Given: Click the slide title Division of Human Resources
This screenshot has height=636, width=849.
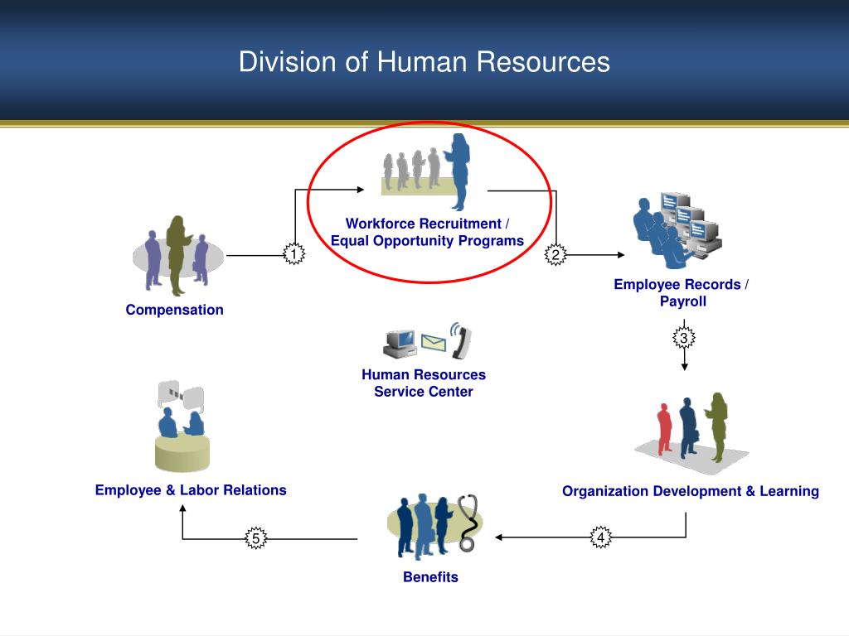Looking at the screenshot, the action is (x=424, y=62).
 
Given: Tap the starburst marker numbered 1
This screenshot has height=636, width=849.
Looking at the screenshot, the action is (x=293, y=254).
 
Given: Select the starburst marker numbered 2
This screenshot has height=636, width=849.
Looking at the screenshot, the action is (x=555, y=255).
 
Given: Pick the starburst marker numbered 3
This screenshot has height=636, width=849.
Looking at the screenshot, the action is (x=684, y=338).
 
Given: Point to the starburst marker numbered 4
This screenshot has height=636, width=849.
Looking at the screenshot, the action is (x=600, y=538).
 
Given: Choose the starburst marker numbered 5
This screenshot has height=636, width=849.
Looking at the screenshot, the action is (x=256, y=540).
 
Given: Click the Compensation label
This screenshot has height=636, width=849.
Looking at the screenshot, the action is (x=174, y=310).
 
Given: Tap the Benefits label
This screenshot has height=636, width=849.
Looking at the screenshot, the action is (x=430, y=577).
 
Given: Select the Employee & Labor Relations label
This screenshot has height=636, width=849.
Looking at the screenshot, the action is (x=191, y=490).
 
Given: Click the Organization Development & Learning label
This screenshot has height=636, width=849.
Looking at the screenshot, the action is (x=690, y=491).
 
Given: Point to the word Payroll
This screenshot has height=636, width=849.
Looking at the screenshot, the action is (x=683, y=301).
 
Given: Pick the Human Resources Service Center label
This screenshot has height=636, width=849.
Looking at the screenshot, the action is (x=423, y=383).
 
